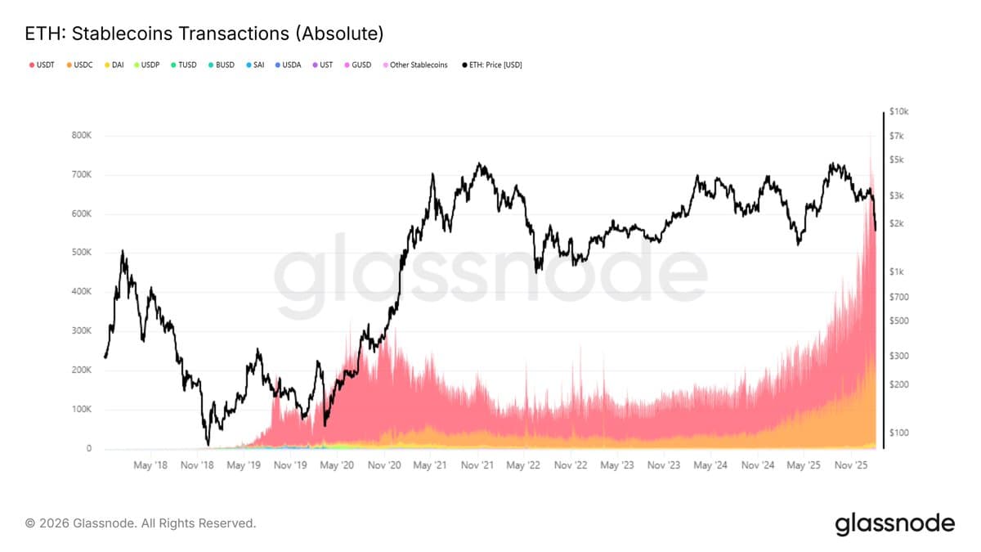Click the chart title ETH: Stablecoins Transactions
click(204, 34)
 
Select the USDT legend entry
click(43, 65)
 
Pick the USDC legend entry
click(79, 65)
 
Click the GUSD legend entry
click(357, 65)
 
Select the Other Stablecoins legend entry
click(415, 65)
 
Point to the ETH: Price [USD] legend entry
click(492, 65)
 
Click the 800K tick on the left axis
click(82, 135)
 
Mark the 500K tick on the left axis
click(82, 253)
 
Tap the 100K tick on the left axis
click(82, 410)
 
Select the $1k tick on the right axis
click(896, 272)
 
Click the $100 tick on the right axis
click(898, 432)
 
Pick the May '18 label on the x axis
click(150, 465)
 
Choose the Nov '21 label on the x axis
click(476, 465)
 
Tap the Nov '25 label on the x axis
click(851, 465)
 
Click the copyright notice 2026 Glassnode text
click(141, 523)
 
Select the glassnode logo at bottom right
click(894, 523)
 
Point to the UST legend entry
click(325, 65)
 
